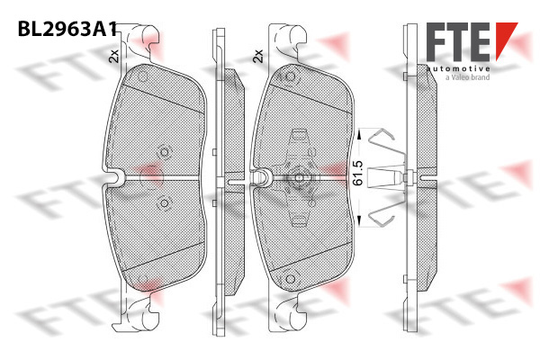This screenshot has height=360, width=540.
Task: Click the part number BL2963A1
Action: [x=67, y=29]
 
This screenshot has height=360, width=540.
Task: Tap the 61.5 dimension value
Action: [x=358, y=174]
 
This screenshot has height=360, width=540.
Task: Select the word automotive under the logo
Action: [x=458, y=68]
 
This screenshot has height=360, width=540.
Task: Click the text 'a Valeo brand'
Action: [x=467, y=77]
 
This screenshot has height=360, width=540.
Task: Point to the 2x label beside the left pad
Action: [x=113, y=56]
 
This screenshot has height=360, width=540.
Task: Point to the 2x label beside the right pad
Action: [x=258, y=56]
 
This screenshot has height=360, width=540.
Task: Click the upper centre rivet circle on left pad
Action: [x=165, y=152]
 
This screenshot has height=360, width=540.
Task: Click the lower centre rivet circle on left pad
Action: [x=165, y=203]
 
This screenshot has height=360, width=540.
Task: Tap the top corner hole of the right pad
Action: [x=291, y=76]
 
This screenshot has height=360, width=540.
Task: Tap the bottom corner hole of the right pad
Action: [x=291, y=279]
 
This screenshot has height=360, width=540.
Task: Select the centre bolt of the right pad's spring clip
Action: [x=299, y=178]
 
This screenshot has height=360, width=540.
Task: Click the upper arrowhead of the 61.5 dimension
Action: [x=359, y=133]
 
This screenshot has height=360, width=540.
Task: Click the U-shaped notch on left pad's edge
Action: [x=116, y=178]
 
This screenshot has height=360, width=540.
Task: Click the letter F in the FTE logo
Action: [x=437, y=41]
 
